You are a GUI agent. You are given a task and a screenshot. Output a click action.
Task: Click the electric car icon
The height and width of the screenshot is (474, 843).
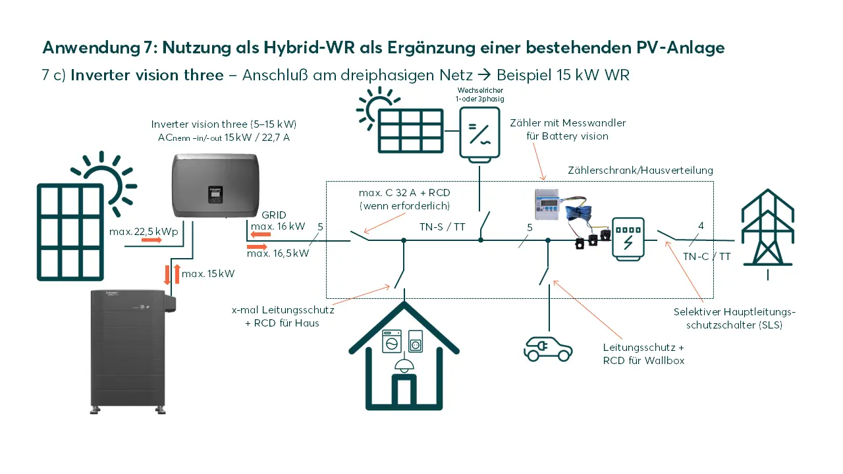click(547, 349)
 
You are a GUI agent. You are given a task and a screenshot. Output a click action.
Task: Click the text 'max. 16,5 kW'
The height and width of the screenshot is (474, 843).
click(277, 253)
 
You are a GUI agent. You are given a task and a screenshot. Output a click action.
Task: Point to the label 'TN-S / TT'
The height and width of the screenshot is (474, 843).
click(443, 226)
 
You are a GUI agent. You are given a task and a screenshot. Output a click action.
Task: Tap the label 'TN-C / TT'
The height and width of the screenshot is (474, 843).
click(706, 257)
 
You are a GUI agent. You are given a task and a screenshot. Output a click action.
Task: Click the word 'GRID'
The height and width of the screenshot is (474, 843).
click(273, 215)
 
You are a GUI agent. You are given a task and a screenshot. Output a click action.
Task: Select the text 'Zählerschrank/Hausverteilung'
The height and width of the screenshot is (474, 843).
click(640, 171)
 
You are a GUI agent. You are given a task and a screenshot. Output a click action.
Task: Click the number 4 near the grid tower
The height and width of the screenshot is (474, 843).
click(701, 226)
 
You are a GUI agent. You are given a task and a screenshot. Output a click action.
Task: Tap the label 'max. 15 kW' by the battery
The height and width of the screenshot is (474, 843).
click(207, 273)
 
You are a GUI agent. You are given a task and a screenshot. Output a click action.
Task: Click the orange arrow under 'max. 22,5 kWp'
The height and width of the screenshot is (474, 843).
click(151, 241)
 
